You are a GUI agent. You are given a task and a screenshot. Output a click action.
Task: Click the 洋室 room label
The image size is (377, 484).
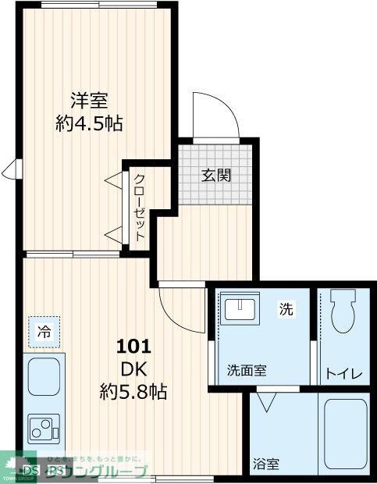click(x=89, y=101)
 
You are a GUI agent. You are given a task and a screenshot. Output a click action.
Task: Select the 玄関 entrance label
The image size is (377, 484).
click(x=217, y=175)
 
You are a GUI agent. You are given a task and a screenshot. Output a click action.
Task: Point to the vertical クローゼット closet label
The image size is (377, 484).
click(x=139, y=207)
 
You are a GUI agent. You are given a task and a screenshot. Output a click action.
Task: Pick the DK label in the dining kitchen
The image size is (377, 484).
click(x=133, y=368)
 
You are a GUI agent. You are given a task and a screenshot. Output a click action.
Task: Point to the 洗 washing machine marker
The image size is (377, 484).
click(x=286, y=309)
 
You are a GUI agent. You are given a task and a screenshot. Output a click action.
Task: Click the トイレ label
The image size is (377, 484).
click(x=344, y=374)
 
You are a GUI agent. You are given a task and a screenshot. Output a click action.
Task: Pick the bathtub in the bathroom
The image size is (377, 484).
click(x=345, y=436)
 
